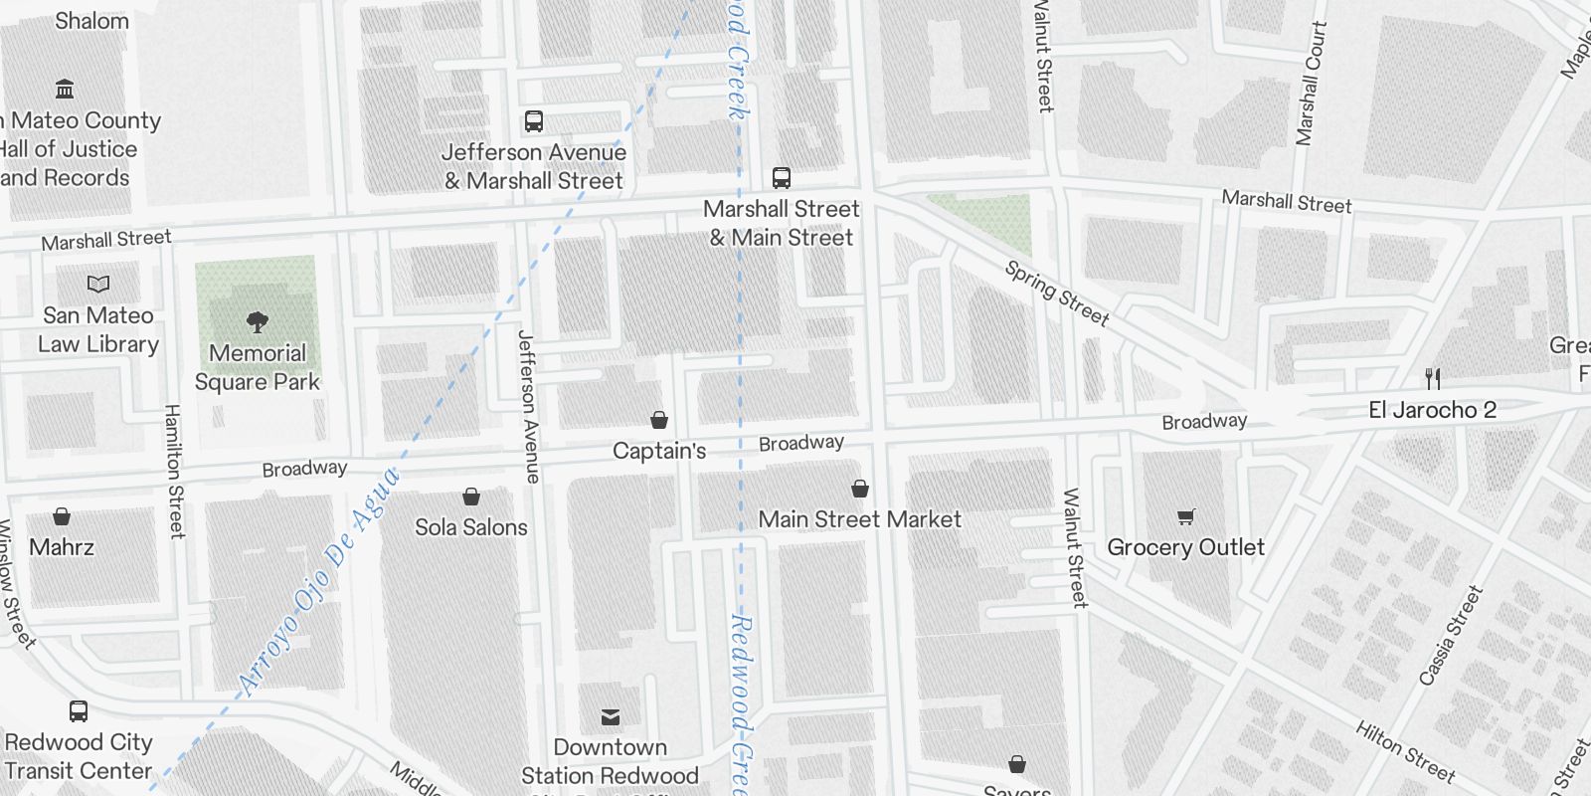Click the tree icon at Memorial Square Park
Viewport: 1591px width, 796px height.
[x=258, y=321]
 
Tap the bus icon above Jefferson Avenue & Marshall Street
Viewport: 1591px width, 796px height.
[x=534, y=121]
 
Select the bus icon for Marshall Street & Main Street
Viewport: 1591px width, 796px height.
[x=782, y=178]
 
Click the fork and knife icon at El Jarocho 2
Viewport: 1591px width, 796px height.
[x=1433, y=378]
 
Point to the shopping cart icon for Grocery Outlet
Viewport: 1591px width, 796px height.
[x=1185, y=516]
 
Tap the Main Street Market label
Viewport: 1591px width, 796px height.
[x=859, y=519]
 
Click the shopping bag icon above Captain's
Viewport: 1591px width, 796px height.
[x=659, y=420]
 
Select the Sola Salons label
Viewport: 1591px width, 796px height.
[x=471, y=527]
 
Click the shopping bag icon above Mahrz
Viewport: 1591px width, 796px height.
[x=62, y=516]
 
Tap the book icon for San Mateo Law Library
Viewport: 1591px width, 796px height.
[x=98, y=285]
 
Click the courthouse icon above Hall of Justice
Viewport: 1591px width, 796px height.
[x=66, y=90]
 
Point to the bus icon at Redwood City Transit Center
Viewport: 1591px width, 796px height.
[x=79, y=711]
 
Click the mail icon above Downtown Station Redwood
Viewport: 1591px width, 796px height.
[x=611, y=717]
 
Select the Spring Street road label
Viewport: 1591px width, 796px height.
[x=1056, y=294]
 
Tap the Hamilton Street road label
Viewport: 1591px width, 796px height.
[x=175, y=471]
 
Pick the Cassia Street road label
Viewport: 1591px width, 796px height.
[x=1451, y=635]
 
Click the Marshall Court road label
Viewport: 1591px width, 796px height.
[x=1312, y=84]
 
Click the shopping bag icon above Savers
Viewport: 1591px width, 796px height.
[x=1017, y=764]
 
